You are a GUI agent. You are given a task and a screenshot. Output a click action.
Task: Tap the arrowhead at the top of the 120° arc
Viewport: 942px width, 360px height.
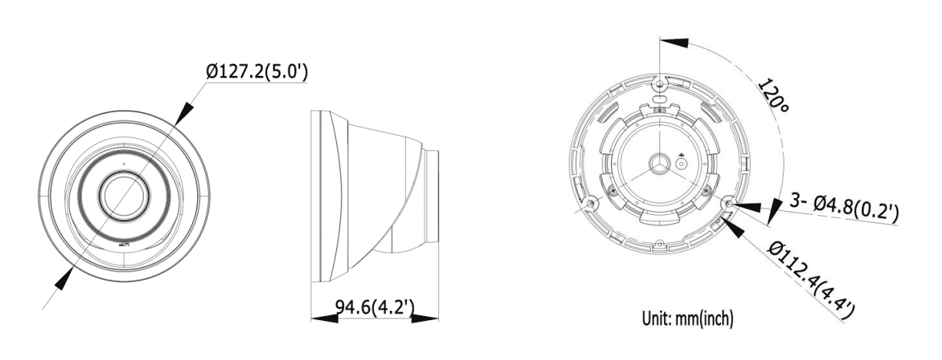coord(669,41)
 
